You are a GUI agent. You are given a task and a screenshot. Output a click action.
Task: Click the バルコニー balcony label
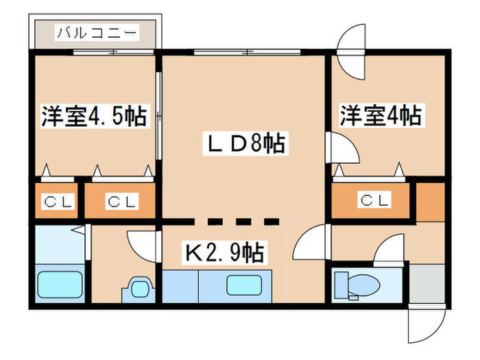[x=96, y=32]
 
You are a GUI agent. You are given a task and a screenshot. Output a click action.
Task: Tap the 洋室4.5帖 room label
[x=94, y=116]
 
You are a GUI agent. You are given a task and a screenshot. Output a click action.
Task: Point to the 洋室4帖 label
[x=379, y=115]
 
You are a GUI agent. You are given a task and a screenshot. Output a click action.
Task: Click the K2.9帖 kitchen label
[x=223, y=253]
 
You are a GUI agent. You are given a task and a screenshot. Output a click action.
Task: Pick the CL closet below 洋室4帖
[x=374, y=201]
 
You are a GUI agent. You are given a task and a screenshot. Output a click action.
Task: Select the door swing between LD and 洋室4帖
[x=343, y=147]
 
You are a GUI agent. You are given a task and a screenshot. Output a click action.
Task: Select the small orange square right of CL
[x=430, y=201]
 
